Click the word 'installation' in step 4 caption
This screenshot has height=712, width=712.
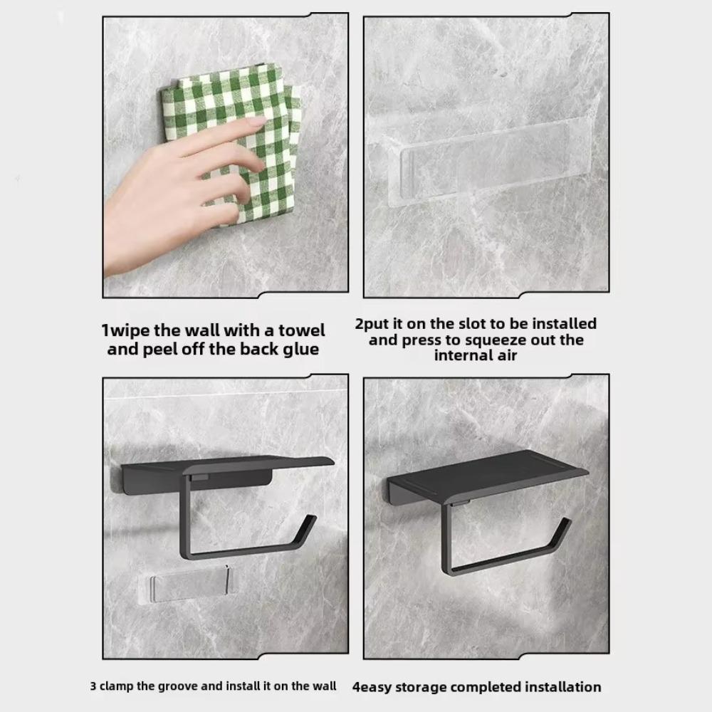click(x=563, y=687)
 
